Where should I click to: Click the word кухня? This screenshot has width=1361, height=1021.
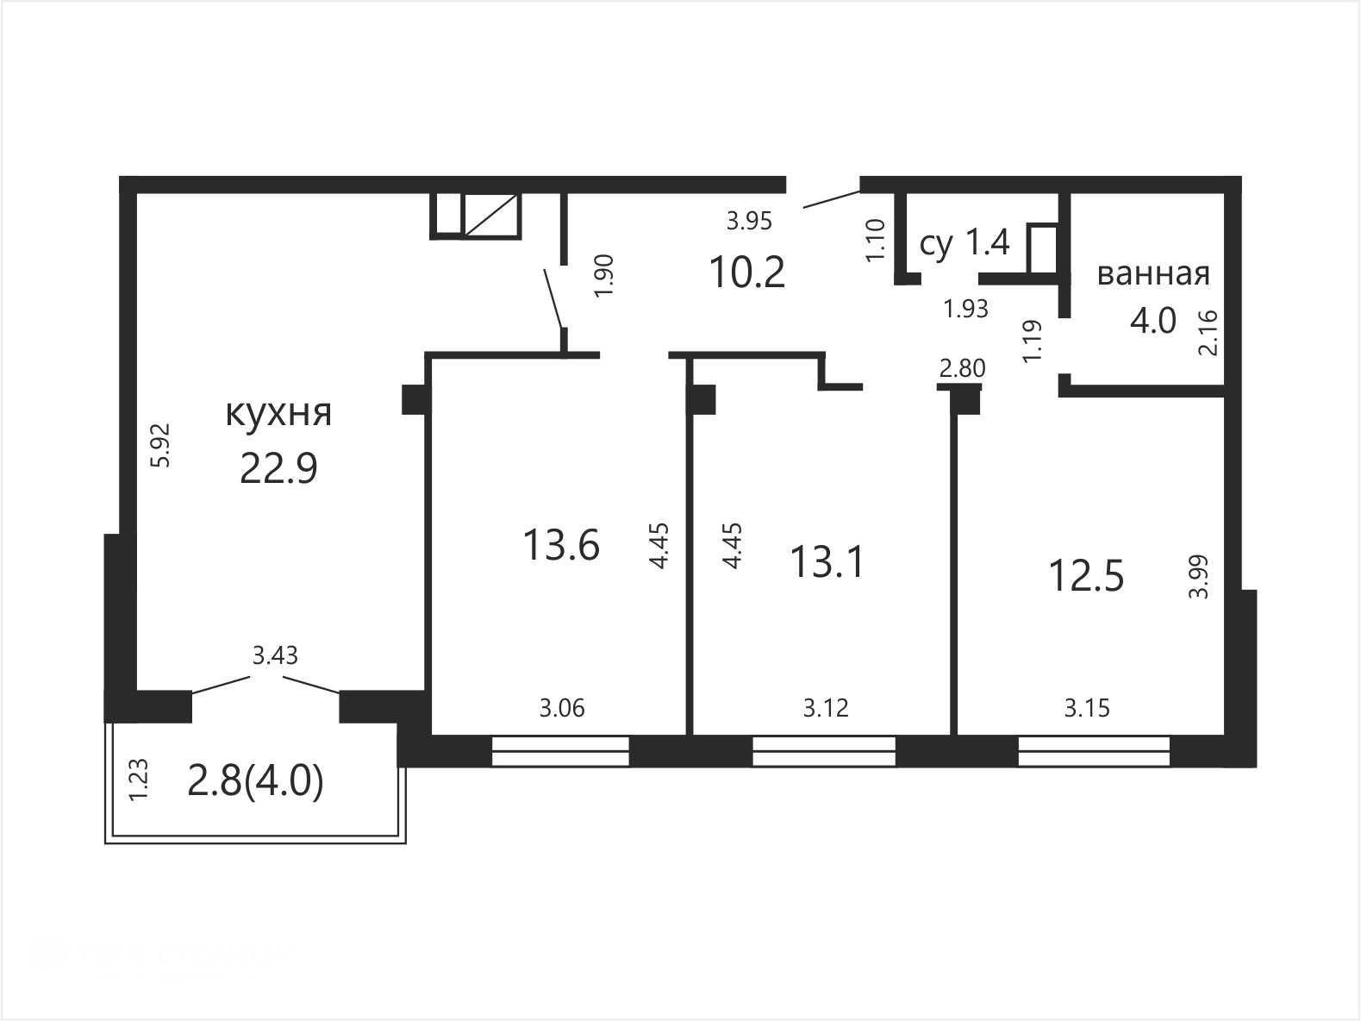tap(278, 413)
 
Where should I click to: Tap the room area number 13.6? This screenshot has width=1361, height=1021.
tap(561, 545)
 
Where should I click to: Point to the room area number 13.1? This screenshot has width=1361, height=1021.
tap(827, 562)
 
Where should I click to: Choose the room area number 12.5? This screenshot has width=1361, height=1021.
tap(1086, 576)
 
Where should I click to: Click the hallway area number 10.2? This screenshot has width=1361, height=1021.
tap(747, 272)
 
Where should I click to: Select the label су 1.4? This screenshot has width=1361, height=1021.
tap(965, 243)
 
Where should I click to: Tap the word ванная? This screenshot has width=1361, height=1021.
tap(1153, 273)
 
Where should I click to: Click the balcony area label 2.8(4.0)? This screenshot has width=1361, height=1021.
tap(255, 783)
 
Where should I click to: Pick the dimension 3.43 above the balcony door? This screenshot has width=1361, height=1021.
tap(275, 655)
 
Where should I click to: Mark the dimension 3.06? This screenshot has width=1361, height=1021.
tap(562, 708)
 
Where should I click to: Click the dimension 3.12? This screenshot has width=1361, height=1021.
tap(826, 708)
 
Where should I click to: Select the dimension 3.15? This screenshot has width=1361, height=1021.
tap(1087, 708)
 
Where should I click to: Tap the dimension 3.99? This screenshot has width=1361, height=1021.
tap(1199, 576)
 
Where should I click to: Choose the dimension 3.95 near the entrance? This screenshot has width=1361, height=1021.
tap(749, 222)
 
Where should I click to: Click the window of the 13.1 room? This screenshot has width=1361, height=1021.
tap(824, 751)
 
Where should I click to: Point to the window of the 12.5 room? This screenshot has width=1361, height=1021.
tap(1094, 751)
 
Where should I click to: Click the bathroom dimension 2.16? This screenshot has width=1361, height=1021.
tap(1208, 333)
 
